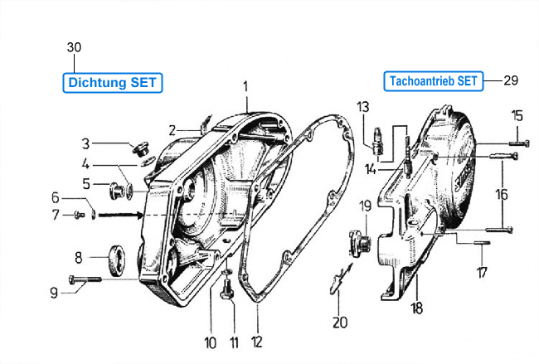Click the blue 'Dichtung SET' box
tap(113, 82)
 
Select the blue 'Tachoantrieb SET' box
tap(434, 81)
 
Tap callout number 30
tap(74, 47)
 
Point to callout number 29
tap(511, 80)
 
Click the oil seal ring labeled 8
tap(117, 260)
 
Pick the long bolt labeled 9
tap(85, 279)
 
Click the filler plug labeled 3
tap(140, 148)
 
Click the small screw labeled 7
tap(80, 215)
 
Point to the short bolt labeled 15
tap(519, 143)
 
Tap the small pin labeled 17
tap(482, 243)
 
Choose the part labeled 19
tap(360, 243)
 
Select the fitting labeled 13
tap(378, 145)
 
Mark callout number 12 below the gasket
tap(257, 342)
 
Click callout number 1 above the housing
tap(245, 86)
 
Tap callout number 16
tap(502, 195)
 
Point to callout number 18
tap(416, 308)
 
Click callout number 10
tap(211, 342)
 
